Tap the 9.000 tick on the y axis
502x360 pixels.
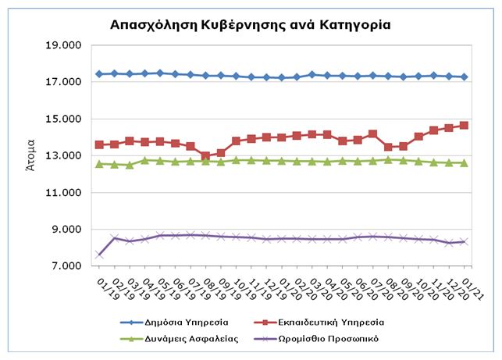[66, 230]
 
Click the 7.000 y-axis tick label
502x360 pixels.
[66, 266]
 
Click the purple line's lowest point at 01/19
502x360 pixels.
[99, 255]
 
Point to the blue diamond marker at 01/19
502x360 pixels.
[99, 74]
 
